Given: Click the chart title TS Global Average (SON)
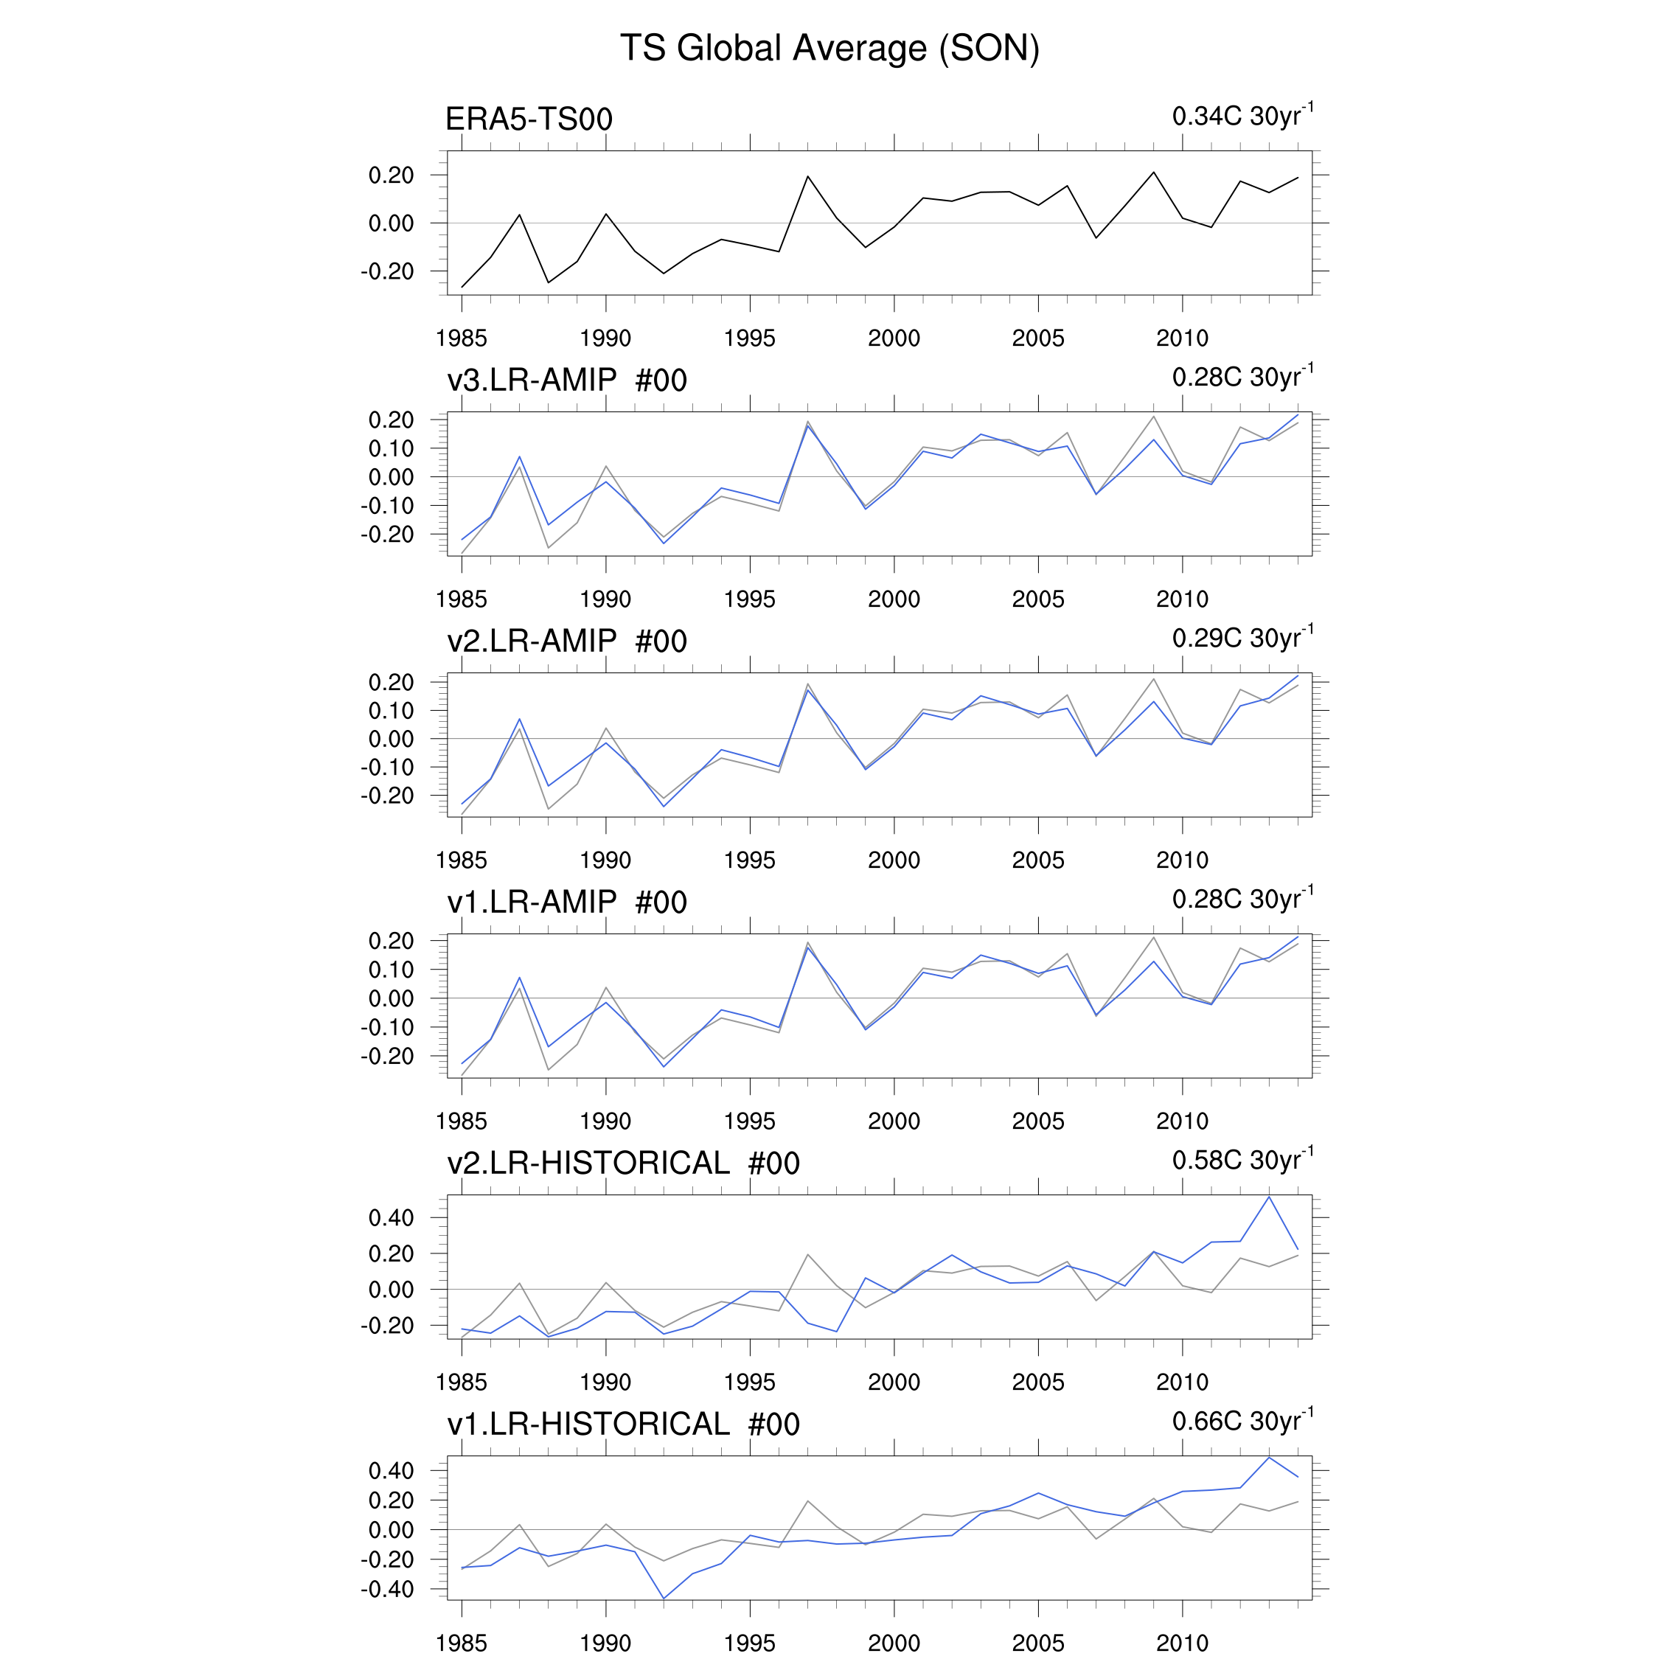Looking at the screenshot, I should (829, 48).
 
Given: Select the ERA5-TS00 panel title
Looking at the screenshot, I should (529, 119).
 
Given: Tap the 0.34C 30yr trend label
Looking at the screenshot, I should (1242, 116).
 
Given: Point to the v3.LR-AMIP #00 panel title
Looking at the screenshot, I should (567, 380).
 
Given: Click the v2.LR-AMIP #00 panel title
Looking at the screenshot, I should (567, 641).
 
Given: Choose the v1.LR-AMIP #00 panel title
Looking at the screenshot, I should (567, 902).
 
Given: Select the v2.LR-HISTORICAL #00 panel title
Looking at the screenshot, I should (623, 1163).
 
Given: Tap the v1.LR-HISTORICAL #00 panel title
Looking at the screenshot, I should (623, 1424).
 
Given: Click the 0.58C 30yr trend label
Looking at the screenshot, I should (1242, 1160).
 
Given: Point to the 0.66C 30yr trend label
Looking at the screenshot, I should (1242, 1421).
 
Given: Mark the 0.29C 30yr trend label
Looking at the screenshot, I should (1242, 638).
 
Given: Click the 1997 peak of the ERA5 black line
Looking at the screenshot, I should (807, 177).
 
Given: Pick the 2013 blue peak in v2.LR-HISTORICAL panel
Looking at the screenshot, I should (1269, 1197).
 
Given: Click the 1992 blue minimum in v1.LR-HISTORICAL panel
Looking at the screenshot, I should (664, 1598).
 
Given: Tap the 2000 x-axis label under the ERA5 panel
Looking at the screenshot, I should (894, 338).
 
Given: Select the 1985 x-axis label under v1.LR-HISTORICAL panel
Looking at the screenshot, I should (461, 1643).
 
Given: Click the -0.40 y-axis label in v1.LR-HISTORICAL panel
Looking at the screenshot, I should (387, 1589).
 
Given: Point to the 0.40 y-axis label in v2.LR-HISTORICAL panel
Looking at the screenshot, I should (391, 1217).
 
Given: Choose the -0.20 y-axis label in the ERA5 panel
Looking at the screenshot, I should (387, 271).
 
